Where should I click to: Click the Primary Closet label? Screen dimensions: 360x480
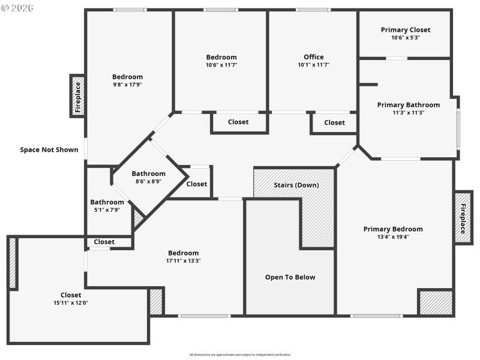(406, 30)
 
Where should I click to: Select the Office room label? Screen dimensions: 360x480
(313, 57)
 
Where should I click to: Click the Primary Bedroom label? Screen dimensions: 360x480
(393, 229)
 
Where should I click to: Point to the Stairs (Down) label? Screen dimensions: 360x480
(296, 185)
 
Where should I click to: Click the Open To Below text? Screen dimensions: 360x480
(290, 277)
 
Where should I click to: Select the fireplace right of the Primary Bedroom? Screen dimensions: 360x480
(463, 217)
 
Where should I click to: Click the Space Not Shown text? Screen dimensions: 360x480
(49, 149)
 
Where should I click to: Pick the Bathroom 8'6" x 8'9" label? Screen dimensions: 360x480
(148, 173)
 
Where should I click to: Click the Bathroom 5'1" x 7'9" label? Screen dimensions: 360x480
(107, 202)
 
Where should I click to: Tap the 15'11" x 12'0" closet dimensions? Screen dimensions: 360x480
(71, 302)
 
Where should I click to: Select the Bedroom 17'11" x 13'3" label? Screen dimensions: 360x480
(183, 253)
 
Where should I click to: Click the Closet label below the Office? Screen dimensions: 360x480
(334, 122)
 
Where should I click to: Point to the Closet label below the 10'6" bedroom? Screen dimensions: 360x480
(238, 122)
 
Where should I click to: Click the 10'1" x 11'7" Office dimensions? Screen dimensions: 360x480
(313, 65)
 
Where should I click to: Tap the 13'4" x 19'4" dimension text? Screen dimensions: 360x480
(393, 236)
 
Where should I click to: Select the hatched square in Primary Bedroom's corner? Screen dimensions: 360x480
(435, 302)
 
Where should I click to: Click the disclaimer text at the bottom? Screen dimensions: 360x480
(240, 355)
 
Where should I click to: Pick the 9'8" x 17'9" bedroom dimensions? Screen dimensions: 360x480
(127, 85)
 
